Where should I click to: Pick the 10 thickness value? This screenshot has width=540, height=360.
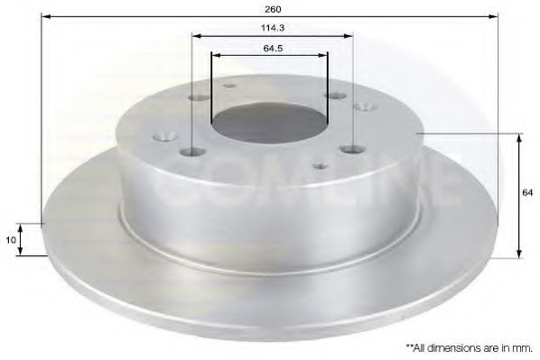11,239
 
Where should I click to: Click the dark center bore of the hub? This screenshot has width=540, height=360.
268,121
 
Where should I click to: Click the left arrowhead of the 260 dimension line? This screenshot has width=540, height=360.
46,16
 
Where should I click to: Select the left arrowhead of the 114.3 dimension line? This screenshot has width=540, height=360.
197,36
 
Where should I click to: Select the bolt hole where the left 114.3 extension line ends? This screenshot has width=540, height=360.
192,153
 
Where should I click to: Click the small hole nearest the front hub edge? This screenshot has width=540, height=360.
319,166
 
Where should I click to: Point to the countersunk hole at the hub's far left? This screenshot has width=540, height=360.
165,137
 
